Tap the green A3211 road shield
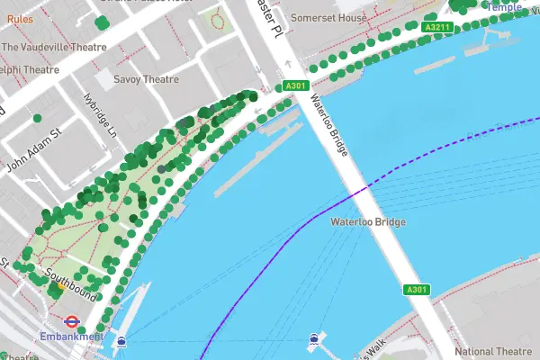pyautogui.click(x=436, y=28)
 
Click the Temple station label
pyautogui.click(x=504, y=6)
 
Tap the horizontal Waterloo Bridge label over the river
pyautogui.click(x=368, y=221)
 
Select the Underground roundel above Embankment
pyautogui.click(x=69, y=319)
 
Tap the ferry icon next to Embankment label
pyautogui.click(x=121, y=341)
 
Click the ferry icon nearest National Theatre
pyautogui.click(x=313, y=339)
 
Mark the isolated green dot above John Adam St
pyautogui.click(x=37, y=118)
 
